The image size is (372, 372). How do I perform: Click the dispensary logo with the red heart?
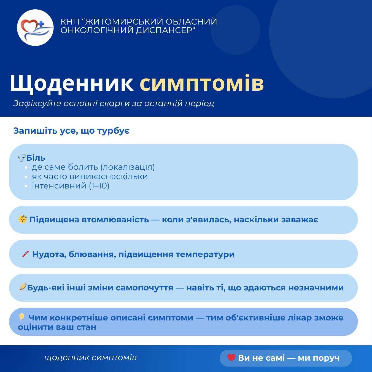point(35,28)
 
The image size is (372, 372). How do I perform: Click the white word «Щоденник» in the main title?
point(72,83)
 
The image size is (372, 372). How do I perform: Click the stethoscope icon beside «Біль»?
point(21,158)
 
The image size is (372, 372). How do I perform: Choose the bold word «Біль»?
point(36,158)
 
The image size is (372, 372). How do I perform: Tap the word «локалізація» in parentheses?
point(127,167)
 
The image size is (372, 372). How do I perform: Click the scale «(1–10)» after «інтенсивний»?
point(99,186)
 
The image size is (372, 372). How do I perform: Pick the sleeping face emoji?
point(22,219)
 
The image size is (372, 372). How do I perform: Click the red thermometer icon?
point(26,254)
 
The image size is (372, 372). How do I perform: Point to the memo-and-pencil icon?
point(22,287)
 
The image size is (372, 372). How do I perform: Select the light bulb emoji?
point(22,317)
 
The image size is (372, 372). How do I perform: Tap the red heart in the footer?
point(231,358)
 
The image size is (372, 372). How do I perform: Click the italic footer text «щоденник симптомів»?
point(90,358)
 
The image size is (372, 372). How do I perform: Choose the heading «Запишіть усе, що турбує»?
point(71,131)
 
